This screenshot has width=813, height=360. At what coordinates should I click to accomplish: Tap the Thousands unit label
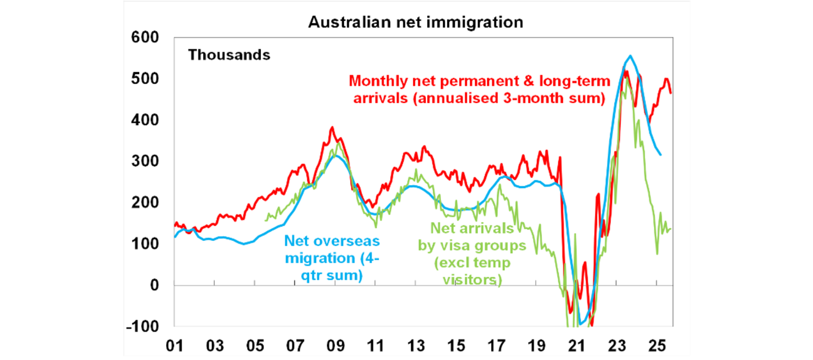pos(229,55)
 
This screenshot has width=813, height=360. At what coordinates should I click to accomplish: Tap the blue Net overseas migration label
pos(332,258)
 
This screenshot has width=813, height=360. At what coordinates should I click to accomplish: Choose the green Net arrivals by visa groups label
pos(472,254)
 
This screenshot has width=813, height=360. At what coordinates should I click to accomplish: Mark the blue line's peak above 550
pos(630,56)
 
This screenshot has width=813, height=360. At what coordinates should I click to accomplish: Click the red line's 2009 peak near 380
pos(332,128)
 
